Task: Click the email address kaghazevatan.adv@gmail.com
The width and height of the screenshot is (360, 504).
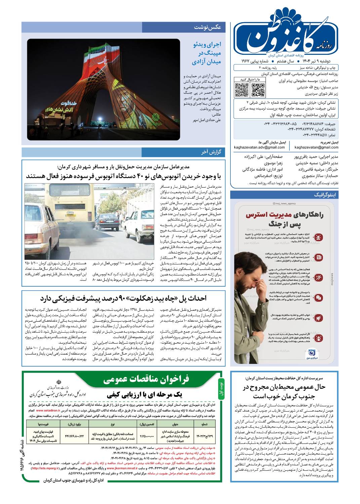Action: [x=259, y=147]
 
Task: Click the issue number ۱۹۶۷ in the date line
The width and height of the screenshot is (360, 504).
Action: [x=257, y=61]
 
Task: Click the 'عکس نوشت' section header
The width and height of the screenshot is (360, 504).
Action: [x=207, y=28]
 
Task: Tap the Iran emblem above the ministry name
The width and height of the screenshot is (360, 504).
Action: [x=59, y=383]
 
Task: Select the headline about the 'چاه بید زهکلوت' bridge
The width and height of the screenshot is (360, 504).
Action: [x=123, y=298]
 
